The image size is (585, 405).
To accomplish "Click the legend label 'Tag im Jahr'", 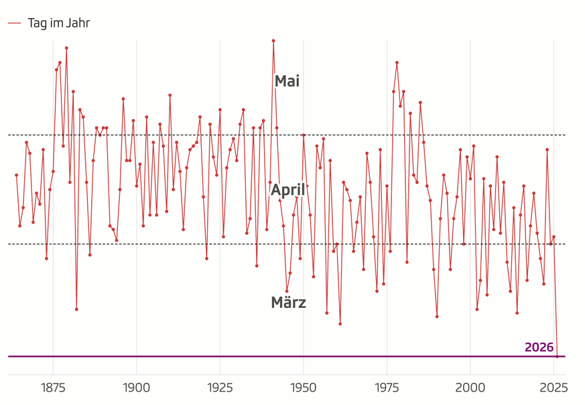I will (x=59, y=23).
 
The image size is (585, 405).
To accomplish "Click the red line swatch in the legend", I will (x=15, y=23).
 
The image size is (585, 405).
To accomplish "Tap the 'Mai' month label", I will (x=287, y=82).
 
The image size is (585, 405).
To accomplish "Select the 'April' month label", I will (x=288, y=190).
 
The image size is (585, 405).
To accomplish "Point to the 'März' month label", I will (x=288, y=303).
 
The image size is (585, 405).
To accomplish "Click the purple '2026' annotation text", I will (x=539, y=347).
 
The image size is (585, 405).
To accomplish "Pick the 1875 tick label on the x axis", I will (x=53, y=388).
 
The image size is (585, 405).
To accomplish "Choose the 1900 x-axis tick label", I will (x=137, y=388).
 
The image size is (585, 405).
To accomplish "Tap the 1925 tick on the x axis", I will (x=220, y=388).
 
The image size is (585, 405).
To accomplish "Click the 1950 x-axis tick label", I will (x=304, y=388).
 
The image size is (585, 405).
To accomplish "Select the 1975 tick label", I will (x=387, y=388).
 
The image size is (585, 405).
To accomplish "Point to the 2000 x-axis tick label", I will (x=470, y=388).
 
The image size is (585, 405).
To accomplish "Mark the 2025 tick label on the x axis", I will (x=554, y=388).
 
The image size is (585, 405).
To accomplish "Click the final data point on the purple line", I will (x=557, y=357).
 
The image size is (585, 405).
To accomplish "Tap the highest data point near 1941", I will (x=273, y=41).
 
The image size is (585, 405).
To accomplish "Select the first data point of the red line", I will (x=17, y=175).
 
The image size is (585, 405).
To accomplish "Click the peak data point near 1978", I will (x=397, y=63).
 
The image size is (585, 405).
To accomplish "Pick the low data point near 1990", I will (x=437, y=317).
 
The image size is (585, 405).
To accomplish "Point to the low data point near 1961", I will (x=340, y=324).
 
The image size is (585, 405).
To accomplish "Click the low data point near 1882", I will (x=76, y=309).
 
